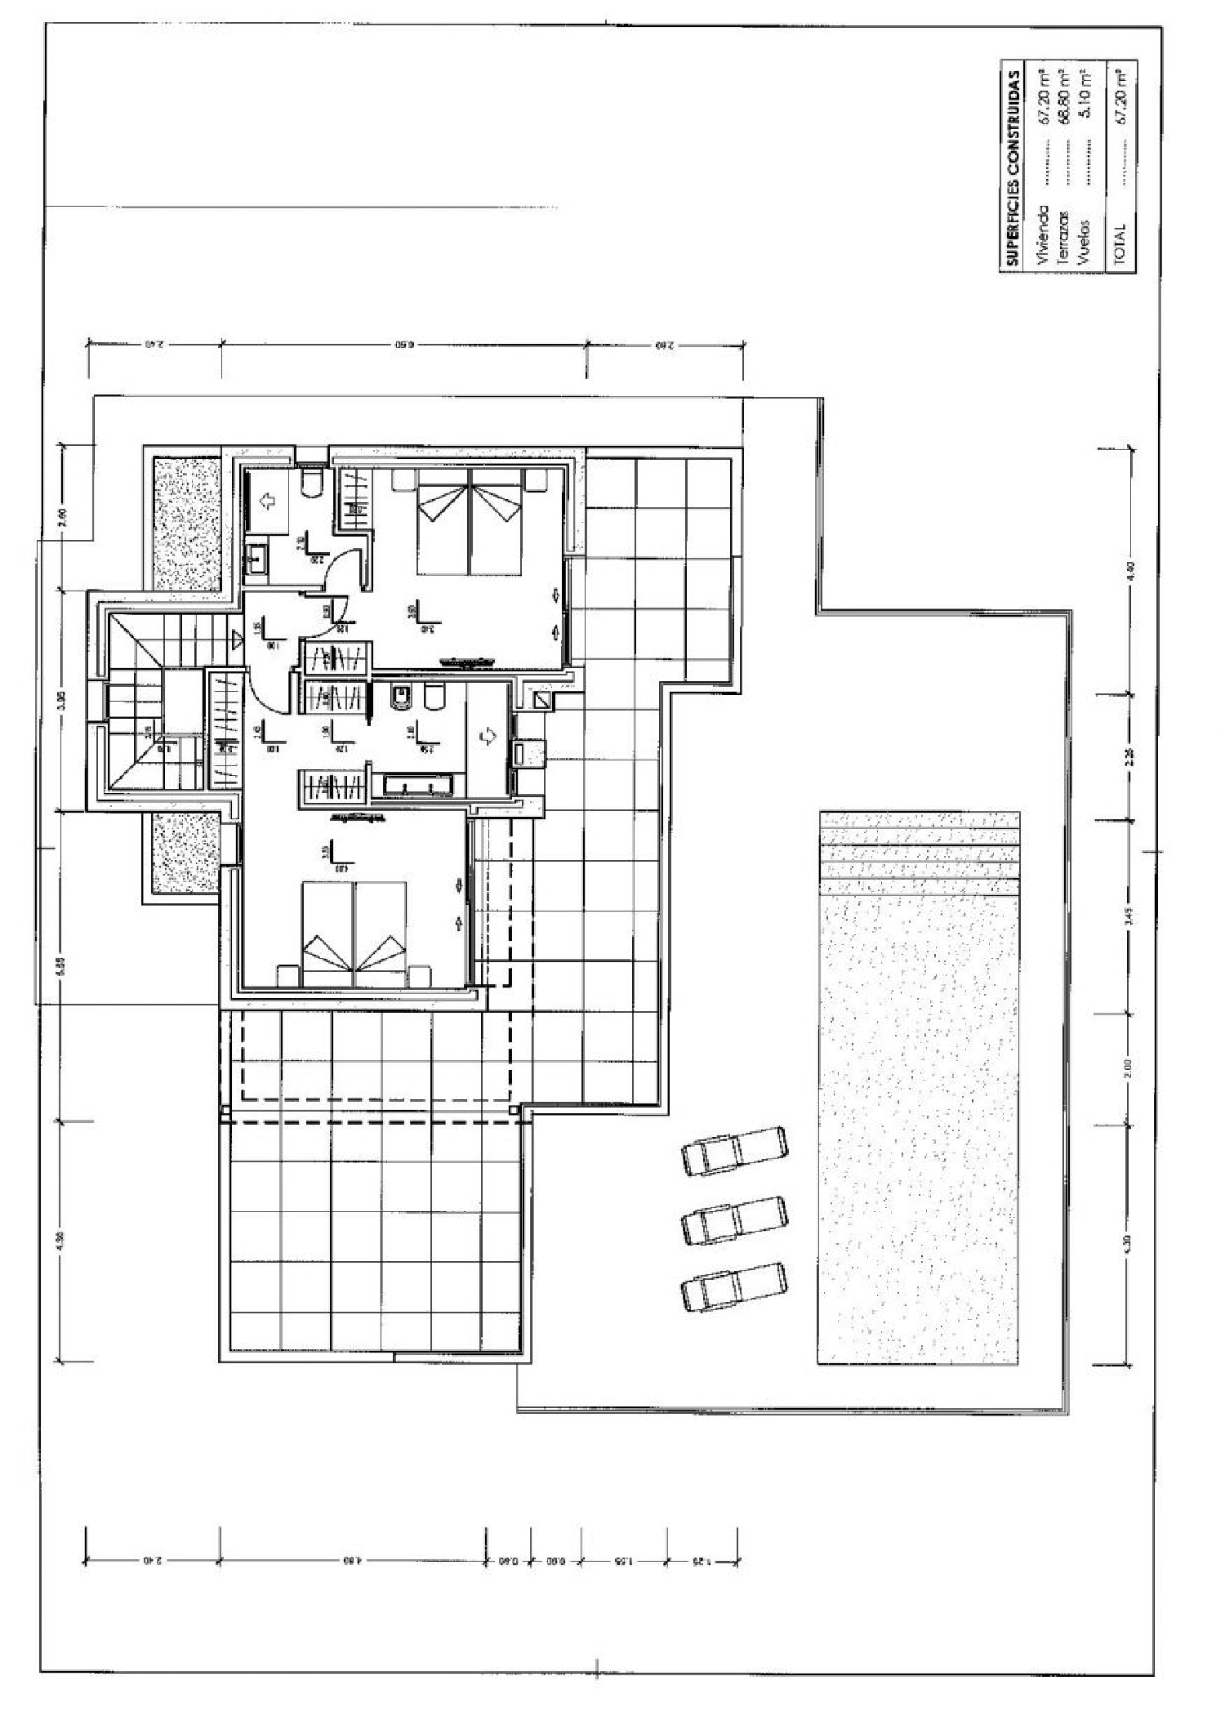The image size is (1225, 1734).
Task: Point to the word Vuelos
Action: (1083, 243)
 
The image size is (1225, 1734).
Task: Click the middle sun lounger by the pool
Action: (734, 1220)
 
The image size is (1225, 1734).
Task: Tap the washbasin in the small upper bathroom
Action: (256, 562)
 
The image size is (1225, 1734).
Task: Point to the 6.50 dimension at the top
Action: (403, 345)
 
